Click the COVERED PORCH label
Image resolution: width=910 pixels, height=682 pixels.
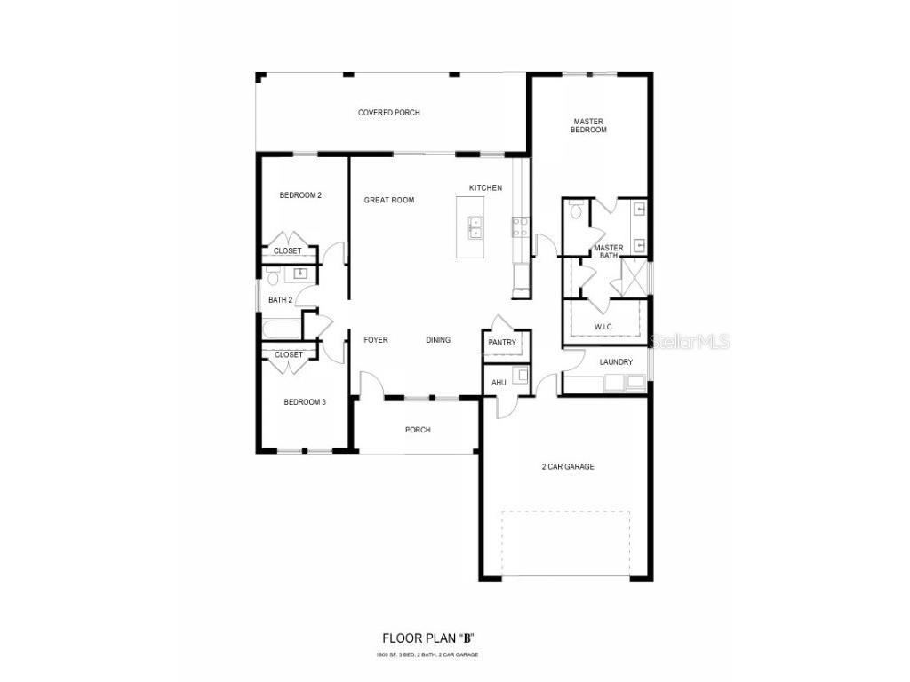pos(388,113)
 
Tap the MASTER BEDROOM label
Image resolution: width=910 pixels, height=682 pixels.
pos(588,125)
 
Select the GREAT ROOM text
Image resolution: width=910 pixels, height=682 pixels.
pos(388,200)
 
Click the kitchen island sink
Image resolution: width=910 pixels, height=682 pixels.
pos(475,228)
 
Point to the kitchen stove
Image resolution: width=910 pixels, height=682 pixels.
pos(520,226)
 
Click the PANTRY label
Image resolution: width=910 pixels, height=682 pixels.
pos(502,343)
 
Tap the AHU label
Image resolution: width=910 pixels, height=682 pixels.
pos(499,382)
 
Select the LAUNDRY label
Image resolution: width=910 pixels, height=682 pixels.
pos(616,362)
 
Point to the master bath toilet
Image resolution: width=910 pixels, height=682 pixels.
pos(576,210)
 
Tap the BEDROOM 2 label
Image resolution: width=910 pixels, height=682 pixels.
pos(300,195)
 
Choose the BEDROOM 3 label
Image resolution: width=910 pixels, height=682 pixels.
pos(305,402)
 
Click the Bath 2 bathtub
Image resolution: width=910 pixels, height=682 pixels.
pos(282,330)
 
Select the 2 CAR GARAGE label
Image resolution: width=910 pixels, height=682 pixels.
pos(568,466)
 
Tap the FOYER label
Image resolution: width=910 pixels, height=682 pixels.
pos(375,339)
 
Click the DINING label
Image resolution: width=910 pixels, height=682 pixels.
pos(438,339)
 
